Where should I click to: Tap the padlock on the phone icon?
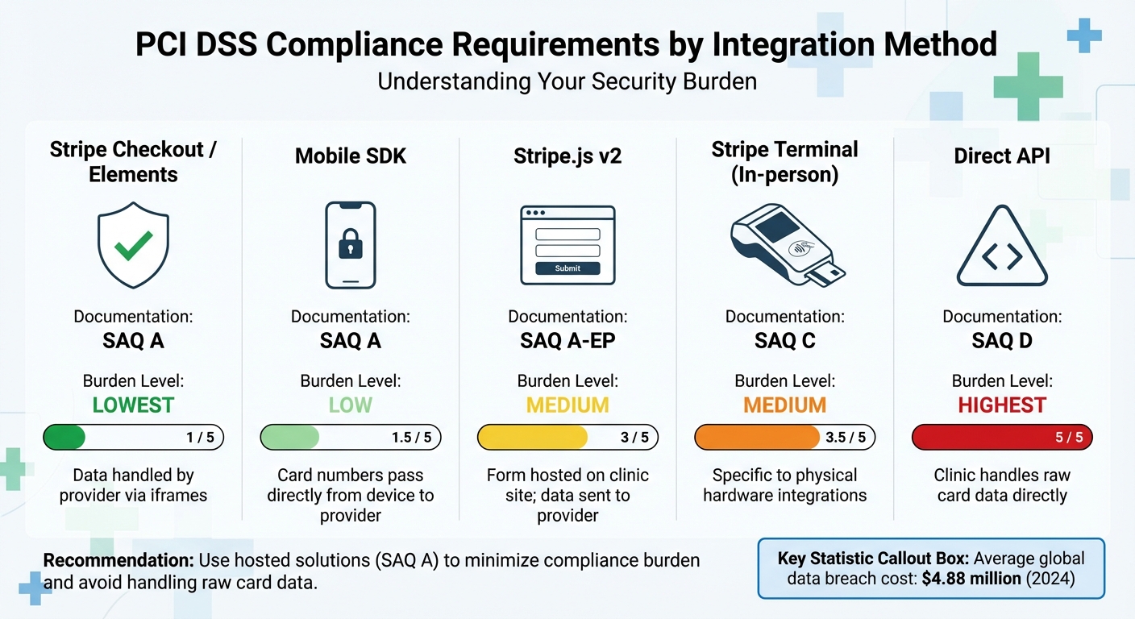pos(351,246)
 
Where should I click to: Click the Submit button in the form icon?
pos(567,268)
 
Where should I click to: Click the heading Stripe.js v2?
pos(567,156)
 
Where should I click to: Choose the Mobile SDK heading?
pos(351,156)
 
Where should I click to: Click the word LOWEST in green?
pos(133,405)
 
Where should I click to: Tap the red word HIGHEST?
pos(1002,405)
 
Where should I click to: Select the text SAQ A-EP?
pos(567,341)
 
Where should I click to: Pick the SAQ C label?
pos(784,341)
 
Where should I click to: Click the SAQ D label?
pos(1002,341)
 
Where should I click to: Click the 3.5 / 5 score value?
pos(846,438)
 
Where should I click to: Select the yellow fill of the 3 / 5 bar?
pos(532,438)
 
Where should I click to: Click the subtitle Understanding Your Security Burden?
pos(567,82)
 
